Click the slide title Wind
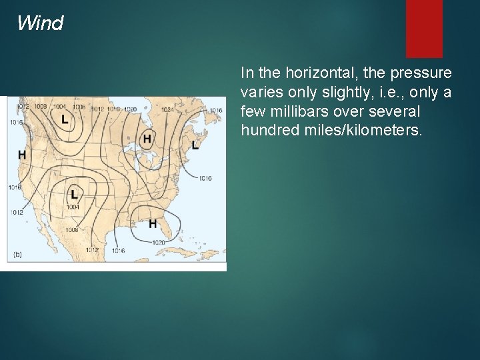click(40, 24)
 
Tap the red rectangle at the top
click(424, 28)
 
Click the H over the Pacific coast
click(22, 155)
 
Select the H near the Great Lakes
click(147, 139)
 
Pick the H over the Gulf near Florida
click(153, 223)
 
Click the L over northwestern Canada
click(65, 119)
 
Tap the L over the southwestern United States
click(73, 194)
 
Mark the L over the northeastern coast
click(195, 145)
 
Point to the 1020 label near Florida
click(159, 242)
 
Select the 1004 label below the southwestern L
click(73, 207)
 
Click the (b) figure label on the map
click(18, 254)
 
